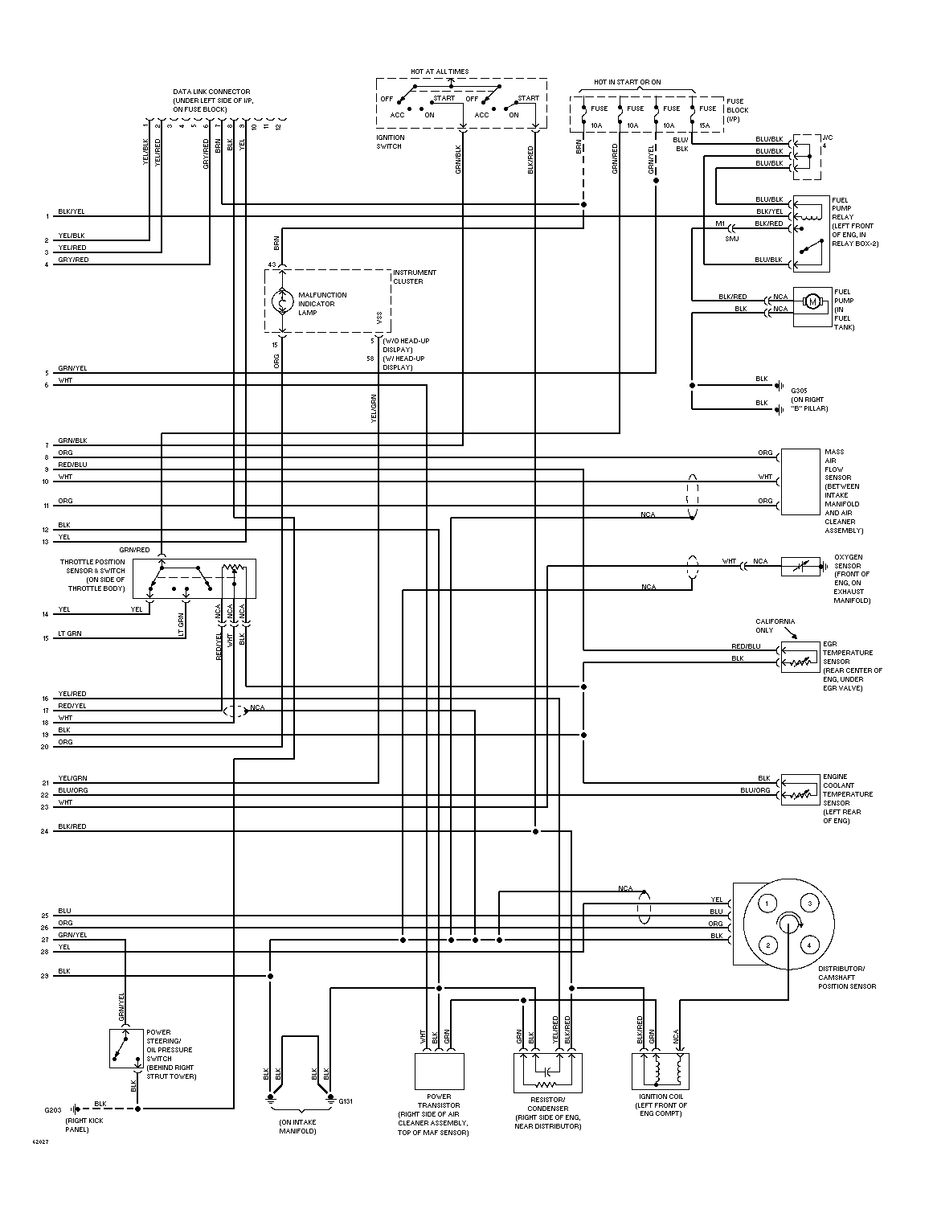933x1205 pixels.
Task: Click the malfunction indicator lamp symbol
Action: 282,302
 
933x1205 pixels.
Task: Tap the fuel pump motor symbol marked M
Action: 812,302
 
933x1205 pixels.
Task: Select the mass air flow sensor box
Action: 800,482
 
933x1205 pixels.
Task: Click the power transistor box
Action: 439,1072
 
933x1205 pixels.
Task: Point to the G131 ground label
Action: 346,1101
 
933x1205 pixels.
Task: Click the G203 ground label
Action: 53,1110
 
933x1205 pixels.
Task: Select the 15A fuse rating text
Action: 704,126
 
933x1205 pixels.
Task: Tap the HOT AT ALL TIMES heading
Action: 440,72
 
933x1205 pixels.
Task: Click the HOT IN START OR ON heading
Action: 627,82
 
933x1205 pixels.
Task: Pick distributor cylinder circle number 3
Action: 809,904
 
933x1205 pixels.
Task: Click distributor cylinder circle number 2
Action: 767,945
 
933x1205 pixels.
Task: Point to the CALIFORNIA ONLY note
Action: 775,625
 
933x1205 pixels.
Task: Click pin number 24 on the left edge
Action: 44,831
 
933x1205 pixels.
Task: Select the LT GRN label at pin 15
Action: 70,633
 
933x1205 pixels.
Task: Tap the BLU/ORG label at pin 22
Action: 73,790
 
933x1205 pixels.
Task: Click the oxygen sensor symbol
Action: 800,566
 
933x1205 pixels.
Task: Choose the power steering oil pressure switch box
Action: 126,1048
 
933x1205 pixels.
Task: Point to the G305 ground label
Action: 799,391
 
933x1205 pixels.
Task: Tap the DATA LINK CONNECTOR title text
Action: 211,92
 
